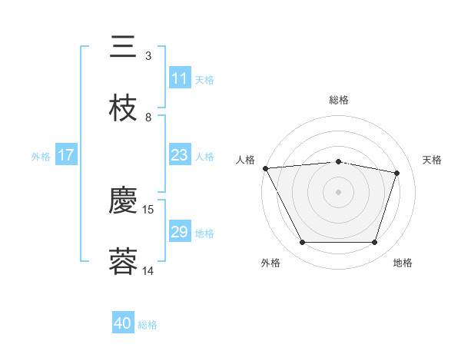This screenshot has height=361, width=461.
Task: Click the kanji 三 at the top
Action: point(124,47)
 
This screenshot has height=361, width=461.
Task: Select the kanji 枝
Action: point(124,108)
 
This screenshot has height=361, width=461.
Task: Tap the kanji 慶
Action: point(124,201)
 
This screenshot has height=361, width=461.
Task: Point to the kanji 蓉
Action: point(124,262)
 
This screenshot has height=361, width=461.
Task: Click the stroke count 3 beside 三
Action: point(148,56)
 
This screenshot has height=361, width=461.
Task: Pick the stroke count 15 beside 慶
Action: point(149,209)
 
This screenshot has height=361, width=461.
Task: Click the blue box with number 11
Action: point(180,78)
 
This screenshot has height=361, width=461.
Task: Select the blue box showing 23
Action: point(180,155)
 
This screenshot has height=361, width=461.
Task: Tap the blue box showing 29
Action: point(180,232)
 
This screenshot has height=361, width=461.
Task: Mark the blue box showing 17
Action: point(66,155)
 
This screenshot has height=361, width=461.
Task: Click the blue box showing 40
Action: point(123,324)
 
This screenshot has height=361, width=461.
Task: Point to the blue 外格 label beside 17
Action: point(41,157)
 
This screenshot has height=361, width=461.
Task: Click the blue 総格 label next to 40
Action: point(148,326)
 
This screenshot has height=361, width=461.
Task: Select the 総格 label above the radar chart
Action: point(338,100)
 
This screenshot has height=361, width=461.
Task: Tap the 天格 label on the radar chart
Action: point(433,160)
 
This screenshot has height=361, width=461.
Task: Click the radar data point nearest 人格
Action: point(265,168)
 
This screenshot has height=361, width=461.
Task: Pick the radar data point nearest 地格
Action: point(374,243)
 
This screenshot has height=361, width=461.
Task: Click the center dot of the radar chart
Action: point(338,192)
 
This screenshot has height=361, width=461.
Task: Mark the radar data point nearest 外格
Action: point(302,243)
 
